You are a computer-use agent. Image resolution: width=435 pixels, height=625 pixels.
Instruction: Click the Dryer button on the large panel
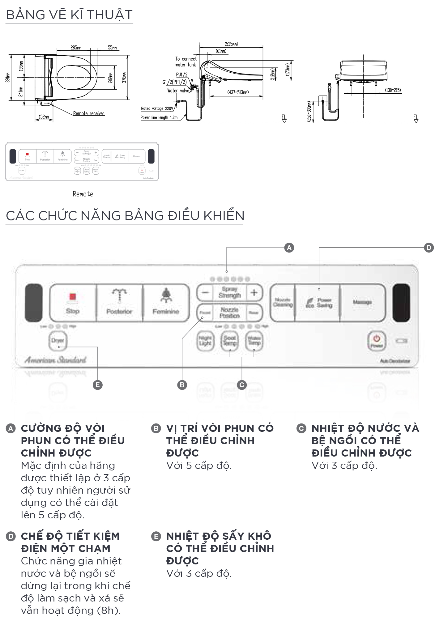pyautogui.click(x=58, y=341)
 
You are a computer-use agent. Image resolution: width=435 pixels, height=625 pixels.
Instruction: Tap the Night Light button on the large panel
pyautogui.click(x=205, y=341)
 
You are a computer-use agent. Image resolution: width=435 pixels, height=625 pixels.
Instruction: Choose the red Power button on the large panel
pyautogui.click(x=377, y=341)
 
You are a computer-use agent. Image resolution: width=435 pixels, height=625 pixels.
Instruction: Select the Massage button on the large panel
pyautogui.click(x=362, y=302)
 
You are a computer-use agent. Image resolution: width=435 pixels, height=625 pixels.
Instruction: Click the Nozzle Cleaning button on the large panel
pyautogui.click(x=283, y=302)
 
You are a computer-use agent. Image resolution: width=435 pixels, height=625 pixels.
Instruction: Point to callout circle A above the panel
pyautogui.click(x=289, y=248)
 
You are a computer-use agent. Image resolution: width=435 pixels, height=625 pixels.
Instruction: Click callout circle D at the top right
pyautogui.click(x=429, y=248)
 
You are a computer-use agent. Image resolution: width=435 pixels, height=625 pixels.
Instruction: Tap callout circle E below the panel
pyautogui.click(x=98, y=385)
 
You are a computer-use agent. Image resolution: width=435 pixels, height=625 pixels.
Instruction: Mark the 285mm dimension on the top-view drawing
pyautogui.click(x=76, y=48)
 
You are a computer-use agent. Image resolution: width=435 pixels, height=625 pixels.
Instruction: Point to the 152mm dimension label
pyautogui.click(x=44, y=117)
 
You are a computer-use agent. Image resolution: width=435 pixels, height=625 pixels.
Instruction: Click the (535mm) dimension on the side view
pyautogui.click(x=231, y=44)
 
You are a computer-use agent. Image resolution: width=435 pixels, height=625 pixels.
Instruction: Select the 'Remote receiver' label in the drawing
pyautogui.click(x=89, y=113)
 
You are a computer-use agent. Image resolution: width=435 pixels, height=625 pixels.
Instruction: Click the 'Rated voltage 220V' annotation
pyautogui.click(x=157, y=108)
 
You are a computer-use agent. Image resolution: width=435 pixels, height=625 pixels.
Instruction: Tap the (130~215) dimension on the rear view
pyautogui.click(x=393, y=90)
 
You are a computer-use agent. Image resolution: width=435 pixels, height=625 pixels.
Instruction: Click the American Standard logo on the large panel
pyautogui.click(x=56, y=360)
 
